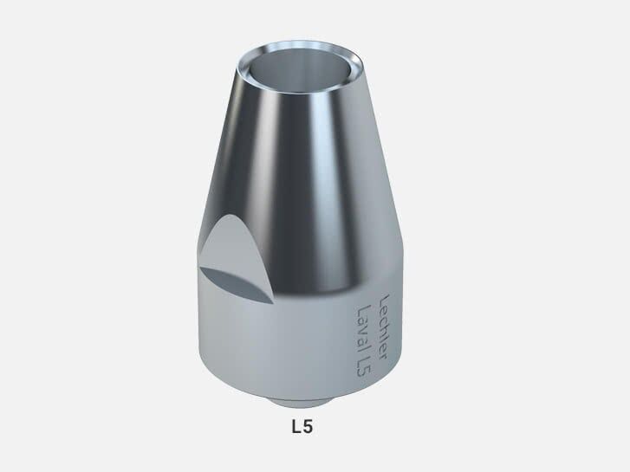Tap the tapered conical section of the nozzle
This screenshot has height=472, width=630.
(303, 173)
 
